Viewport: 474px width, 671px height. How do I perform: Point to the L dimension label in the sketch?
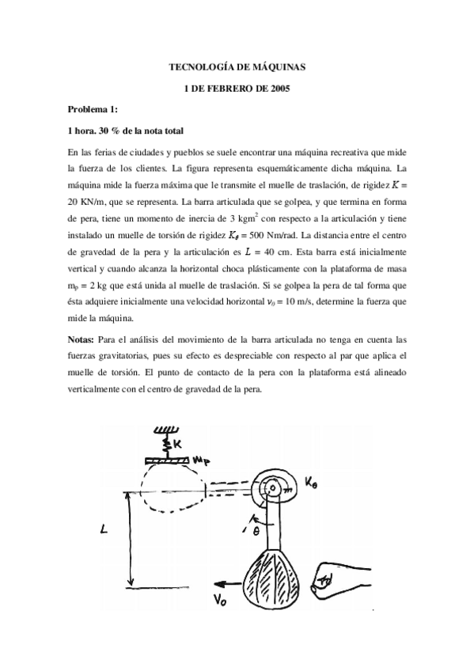104,532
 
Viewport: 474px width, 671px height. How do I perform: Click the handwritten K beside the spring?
178,444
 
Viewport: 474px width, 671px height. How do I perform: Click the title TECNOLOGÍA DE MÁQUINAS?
237,69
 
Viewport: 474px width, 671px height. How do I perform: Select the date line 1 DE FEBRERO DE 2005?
237,89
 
